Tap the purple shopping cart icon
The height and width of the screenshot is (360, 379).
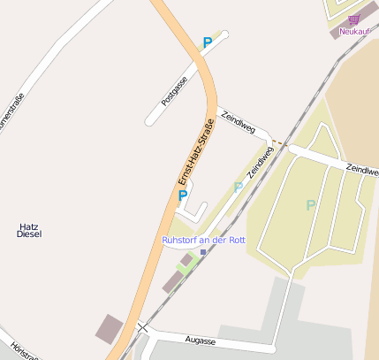coord(353,19)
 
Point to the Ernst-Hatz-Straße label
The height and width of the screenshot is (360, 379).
coord(196,151)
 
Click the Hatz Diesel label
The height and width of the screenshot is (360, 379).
coord(29,230)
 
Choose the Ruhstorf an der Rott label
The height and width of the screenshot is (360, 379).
coord(203,240)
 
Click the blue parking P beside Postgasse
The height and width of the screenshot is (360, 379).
coord(208,42)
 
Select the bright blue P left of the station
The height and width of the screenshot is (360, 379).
coord(183,195)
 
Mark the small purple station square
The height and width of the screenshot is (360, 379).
coord(203,252)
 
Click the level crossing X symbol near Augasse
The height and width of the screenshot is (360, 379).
coord(142,328)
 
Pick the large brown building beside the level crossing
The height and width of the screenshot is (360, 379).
coord(111,326)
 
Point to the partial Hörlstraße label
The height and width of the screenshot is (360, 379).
coord(25,350)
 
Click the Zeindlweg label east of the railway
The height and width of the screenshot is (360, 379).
coord(361,168)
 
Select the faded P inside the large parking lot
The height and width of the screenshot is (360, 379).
coord(310,205)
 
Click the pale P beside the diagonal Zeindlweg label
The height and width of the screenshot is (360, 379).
coord(238,188)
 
